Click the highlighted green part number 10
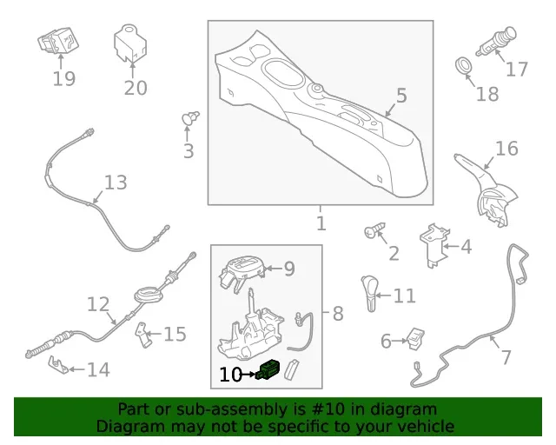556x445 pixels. pos(268,369)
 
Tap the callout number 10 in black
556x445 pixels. pos(230,375)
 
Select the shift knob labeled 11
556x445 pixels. pos(368,294)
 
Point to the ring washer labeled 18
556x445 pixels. pos(464,65)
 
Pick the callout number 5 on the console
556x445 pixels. pos(401,96)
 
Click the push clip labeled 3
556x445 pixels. pos(190,117)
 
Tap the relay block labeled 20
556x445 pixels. pos(129,43)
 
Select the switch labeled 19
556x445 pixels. pos(58,41)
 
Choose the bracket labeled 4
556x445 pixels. pos(434,246)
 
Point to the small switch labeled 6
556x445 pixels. pos(415,338)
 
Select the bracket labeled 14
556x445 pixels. pos(58,365)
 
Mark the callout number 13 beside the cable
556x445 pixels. pos(116,183)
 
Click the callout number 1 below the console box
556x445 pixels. pos(321,223)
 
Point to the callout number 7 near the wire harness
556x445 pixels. pos(506,356)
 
